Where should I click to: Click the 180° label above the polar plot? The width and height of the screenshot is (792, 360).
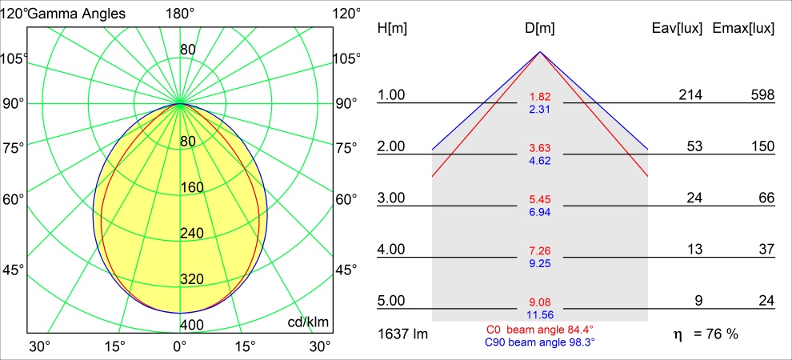click(180, 13)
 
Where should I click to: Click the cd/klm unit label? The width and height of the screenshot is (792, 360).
click(309, 322)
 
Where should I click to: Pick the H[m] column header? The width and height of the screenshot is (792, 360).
click(392, 29)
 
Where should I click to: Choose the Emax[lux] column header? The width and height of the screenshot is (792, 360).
click(743, 29)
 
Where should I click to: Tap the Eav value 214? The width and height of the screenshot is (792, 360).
click(690, 95)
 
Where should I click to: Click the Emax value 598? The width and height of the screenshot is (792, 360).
click(762, 95)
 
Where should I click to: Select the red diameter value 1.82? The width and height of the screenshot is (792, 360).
click(540, 97)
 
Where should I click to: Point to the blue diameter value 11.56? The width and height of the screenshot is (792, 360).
click(540, 316)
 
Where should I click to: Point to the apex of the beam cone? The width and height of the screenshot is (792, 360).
click(540, 52)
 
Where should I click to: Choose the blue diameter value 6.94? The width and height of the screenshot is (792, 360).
click(540, 212)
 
